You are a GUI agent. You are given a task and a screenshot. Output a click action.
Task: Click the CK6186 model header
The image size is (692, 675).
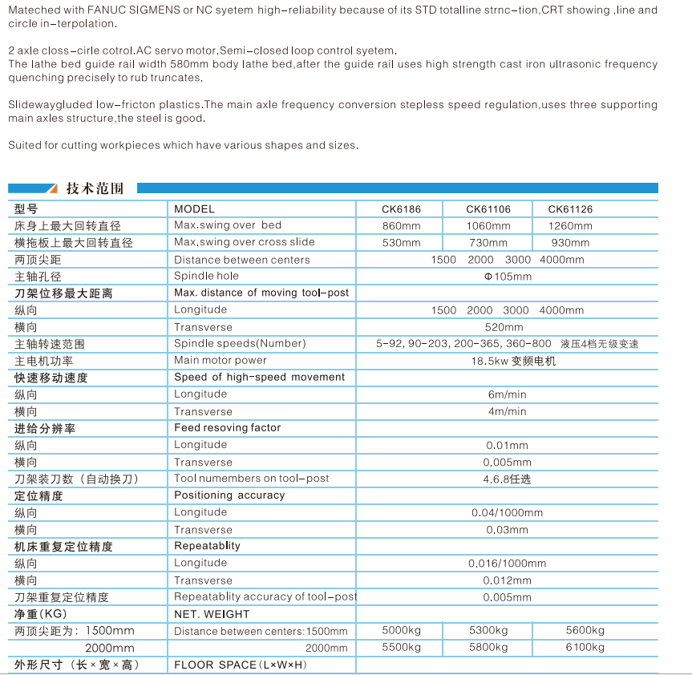click(x=401, y=209)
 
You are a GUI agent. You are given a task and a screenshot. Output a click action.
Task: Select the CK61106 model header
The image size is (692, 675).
click(x=488, y=209)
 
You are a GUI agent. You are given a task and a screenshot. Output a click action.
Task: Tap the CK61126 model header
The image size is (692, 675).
click(x=570, y=209)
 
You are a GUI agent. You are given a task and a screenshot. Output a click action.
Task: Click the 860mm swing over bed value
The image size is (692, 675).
click(x=401, y=226)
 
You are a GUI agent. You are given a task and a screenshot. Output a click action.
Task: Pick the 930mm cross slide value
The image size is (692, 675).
click(x=571, y=243)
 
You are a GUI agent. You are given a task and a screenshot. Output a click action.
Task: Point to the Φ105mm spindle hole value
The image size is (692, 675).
click(x=507, y=277)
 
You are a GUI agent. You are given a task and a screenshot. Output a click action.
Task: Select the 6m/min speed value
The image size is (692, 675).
click(x=507, y=394)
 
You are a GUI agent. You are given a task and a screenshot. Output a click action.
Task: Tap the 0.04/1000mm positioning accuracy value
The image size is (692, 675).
click(x=507, y=513)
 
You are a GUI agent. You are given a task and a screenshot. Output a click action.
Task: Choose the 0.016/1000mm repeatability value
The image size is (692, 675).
click(x=507, y=564)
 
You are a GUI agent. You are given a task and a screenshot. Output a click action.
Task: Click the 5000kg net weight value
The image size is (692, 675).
click(x=401, y=630)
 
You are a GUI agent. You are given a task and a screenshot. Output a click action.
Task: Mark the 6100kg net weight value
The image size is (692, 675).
click(x=585, y=647)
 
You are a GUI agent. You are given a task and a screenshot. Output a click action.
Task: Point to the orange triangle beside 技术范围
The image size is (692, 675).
click(x=52, y=189)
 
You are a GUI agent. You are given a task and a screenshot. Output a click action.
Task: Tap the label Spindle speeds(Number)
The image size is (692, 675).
click(x=240, y=344)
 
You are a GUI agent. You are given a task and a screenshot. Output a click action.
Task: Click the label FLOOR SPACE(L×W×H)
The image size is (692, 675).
click(x=241, y=665)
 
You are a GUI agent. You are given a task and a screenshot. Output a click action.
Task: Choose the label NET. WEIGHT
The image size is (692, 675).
click(x=212, y=614)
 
